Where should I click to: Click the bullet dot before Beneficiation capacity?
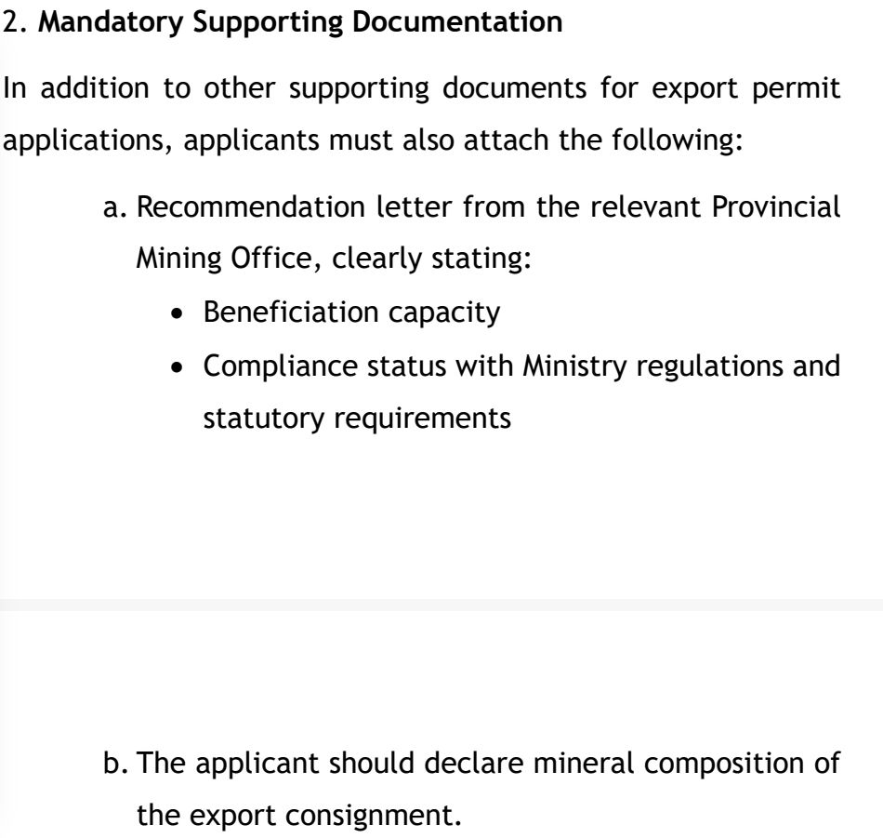[x=180, y=313]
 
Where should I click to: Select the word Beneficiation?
[x=290, y=313]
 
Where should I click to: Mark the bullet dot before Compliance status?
[x=180, y=366]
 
